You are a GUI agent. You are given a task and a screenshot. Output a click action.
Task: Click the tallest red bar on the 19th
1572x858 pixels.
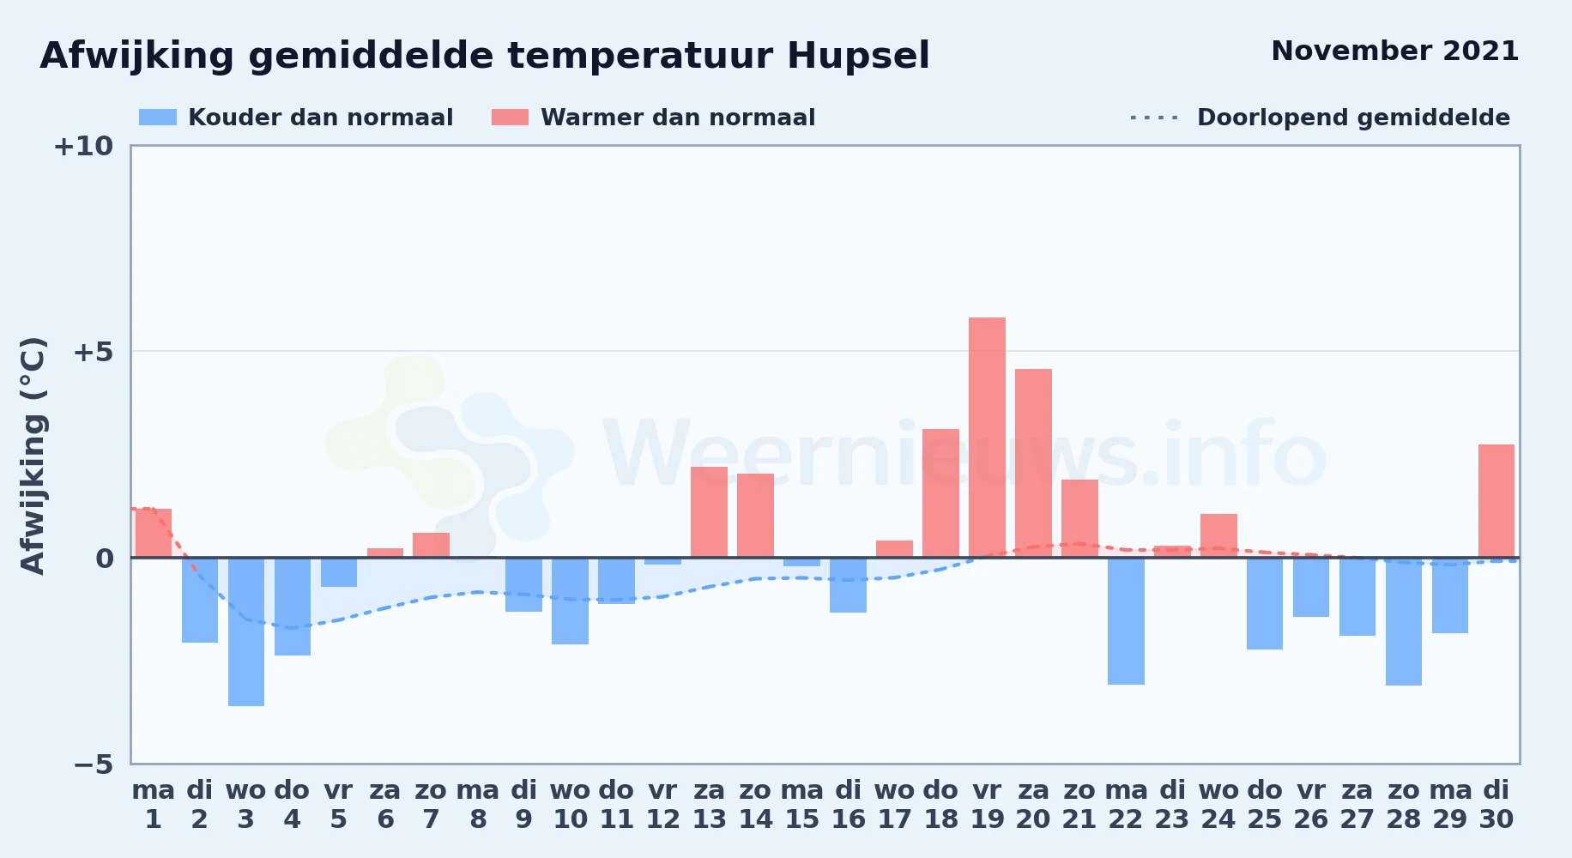pos(987,438)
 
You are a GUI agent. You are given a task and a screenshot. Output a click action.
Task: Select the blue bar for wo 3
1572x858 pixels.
pos(246,631)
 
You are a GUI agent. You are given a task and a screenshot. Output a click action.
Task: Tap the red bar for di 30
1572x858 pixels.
pos(1496,501)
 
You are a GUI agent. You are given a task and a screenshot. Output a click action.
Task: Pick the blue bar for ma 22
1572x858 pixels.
pos(1126,621)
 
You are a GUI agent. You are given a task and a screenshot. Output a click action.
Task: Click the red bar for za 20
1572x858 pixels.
pos(1033,463)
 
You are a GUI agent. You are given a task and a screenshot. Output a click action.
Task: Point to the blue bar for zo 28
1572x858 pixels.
pos(1404,621)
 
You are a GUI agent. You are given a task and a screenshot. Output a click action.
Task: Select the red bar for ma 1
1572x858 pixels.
pos(154,533)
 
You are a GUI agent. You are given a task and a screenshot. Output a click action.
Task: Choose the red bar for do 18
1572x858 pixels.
pos(940,493)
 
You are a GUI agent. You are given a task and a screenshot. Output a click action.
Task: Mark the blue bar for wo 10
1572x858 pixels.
pos(570,601)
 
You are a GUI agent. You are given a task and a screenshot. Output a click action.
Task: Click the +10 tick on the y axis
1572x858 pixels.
pos(83,146)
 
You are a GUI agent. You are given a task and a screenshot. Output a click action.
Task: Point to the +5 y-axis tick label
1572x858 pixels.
pos(93,352)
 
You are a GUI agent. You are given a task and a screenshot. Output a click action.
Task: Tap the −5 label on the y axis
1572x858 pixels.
pos(93,764)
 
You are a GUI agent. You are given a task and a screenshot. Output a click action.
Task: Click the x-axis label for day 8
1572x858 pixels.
pos(478,805)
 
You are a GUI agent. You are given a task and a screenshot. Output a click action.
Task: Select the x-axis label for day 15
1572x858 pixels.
pos(802,805)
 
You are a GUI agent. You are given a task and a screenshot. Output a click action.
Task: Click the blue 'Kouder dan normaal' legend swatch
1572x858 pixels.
pos(158,118)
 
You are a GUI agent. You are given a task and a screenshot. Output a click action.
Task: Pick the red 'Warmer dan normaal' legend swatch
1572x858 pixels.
pos(510,118)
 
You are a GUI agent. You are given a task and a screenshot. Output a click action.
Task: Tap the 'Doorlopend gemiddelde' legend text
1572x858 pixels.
pos(1353,118)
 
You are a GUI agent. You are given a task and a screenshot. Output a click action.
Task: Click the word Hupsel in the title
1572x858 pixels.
pos(858,57)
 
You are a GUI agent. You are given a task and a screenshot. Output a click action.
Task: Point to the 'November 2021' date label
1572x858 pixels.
pos(1394,51)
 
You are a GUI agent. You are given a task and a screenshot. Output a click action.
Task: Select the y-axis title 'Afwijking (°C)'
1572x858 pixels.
pos(33,456)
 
